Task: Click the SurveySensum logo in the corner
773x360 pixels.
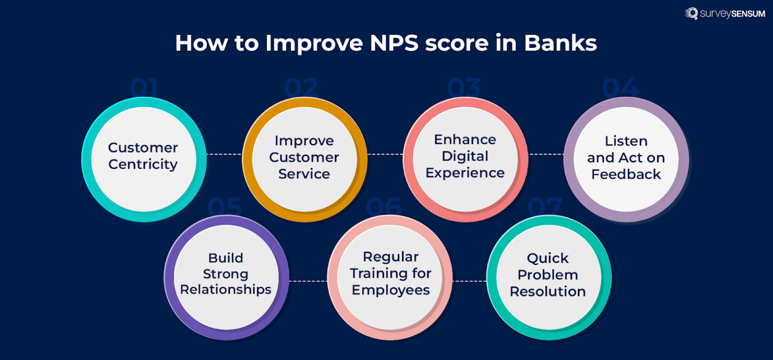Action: tap(725, 14)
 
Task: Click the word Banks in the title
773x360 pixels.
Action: tap(560, 43)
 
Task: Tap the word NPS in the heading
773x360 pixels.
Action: tap(393, 43)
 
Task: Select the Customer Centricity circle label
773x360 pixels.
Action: tap(143, 156)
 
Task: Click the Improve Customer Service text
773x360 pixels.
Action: tap(304, 157)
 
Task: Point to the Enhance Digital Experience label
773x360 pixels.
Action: tap(465, 156)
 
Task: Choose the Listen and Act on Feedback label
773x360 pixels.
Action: tap(626, 158)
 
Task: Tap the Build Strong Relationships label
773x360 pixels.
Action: tap(225, 274)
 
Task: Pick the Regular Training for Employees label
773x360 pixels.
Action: tap(391, 273)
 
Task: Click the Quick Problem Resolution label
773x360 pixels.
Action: tap(548, 275)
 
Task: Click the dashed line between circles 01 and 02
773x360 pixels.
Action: tap(224, 154)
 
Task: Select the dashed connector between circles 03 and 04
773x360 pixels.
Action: tap(546, 154)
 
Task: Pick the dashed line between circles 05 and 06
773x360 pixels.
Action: tap(308, 281)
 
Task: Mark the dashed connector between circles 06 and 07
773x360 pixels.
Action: tap(469, 281)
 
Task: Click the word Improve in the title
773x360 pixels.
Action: tap(314, 43)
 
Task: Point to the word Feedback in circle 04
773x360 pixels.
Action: tap(626, 175)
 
